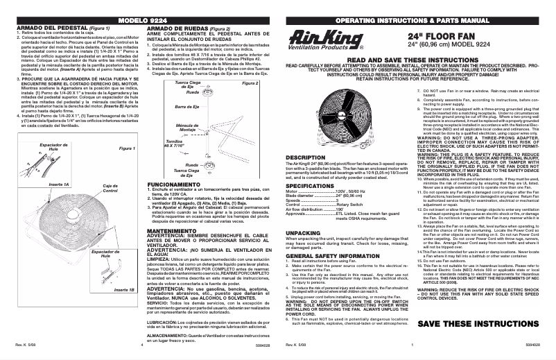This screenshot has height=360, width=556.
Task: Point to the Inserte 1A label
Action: (58, 185)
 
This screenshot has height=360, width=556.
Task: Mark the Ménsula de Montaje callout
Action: (189, 128)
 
